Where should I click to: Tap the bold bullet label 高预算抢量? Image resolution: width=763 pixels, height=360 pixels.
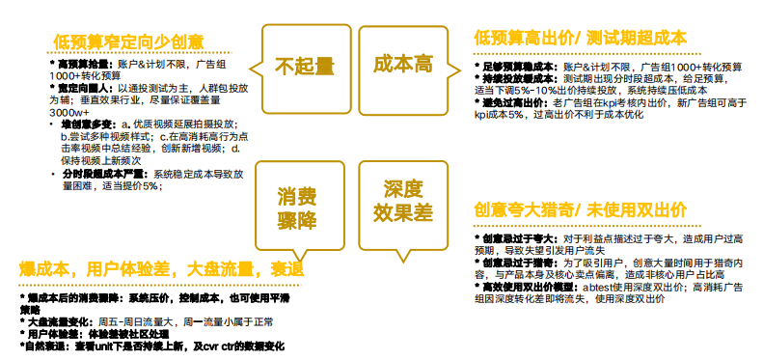76,63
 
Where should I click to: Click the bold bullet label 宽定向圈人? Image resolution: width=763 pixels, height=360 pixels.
76,87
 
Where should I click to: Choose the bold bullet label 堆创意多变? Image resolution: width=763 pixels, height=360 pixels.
85,125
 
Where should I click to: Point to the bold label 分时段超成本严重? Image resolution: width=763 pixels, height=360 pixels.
101,174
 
